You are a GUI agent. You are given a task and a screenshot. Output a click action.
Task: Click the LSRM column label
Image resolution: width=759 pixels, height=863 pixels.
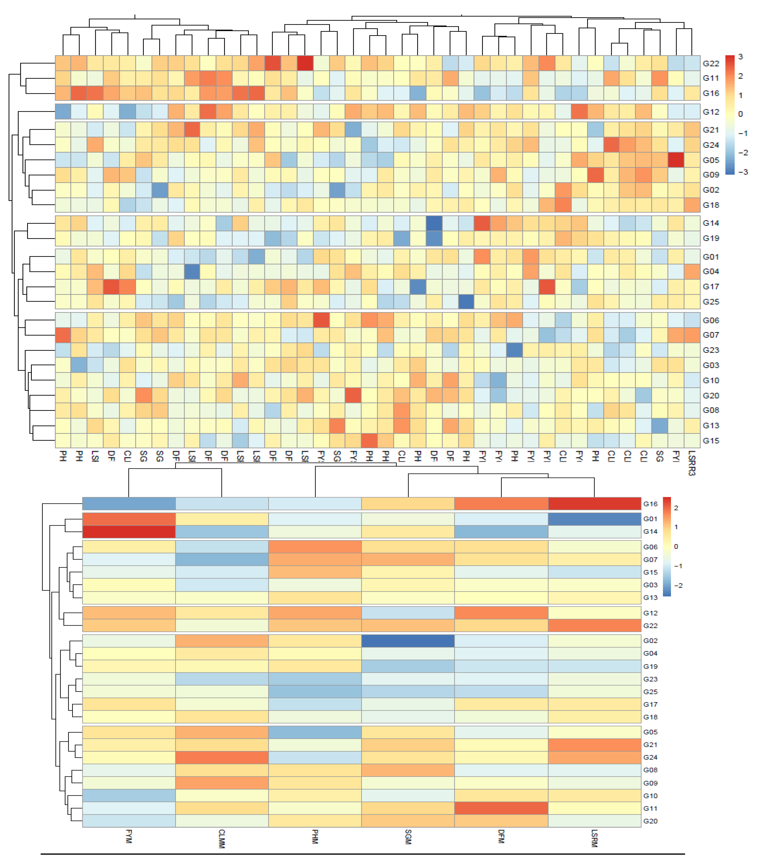click(594, 838)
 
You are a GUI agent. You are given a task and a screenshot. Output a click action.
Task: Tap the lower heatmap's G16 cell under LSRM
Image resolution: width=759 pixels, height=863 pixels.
click(594, 504)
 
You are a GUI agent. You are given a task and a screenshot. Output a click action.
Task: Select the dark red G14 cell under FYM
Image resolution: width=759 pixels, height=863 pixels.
click(129, 531)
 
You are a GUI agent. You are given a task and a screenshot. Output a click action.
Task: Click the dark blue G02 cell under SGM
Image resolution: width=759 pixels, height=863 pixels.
click(408, 641)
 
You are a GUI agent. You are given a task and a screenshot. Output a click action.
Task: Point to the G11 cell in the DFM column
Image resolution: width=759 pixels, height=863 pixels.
click(501, 808)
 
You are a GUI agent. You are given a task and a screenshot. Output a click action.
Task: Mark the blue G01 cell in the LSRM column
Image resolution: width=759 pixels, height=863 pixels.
click(594, 519)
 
